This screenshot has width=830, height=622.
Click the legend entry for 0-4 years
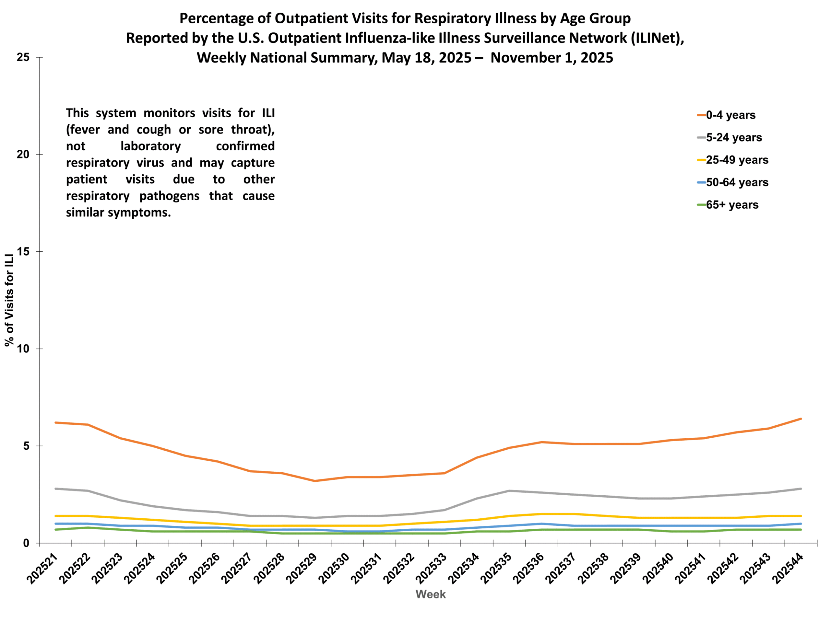click(x=730, y=115)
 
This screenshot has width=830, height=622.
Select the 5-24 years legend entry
click(x=734, y=138)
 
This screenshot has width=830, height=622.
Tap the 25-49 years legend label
click(x=737, y=160)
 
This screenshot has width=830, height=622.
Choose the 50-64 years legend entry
click(x=737, y=183)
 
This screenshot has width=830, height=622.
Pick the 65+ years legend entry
click(x=732, y=205)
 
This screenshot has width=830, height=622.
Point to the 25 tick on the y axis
click(x=23, y=57)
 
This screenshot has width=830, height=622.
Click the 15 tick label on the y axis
click(x=23, y=252)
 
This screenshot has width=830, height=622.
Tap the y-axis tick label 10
click(x=23, y=349)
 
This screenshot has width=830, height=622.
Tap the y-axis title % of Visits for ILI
click(x=9, y=300)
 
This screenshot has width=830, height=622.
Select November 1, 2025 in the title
click(x=551, y=58)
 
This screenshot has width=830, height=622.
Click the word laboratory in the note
click(x=150, y=146)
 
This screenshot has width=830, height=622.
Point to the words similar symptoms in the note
click(x=118, y=213)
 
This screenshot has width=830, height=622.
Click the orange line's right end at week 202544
click(x=801, y=419)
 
